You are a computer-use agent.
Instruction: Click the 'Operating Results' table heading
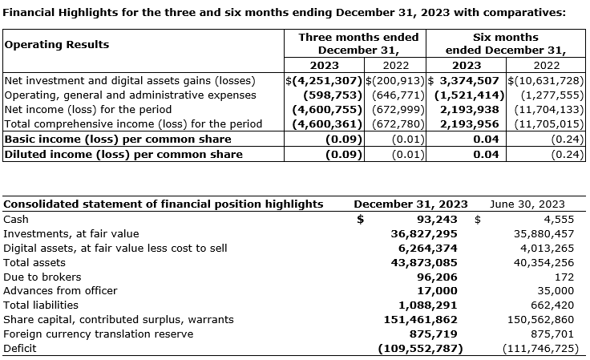[x=57, y=45]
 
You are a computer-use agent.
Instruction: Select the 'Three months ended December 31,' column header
[x=358, y=43]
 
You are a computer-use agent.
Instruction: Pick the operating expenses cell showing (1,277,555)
[x=549, y=95]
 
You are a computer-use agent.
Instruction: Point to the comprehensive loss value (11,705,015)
[x=548, y=123]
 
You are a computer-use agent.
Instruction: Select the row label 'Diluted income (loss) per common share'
[x=123, y=154]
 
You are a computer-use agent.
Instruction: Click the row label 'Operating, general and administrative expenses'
[x=130, y=95]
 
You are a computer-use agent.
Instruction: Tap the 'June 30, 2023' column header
[x=527, y=204]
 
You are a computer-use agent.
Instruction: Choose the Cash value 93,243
[x=437, y=218]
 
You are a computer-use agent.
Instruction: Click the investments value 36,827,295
[x=423, y=233]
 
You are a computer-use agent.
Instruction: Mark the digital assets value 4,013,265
[x=544, y=248]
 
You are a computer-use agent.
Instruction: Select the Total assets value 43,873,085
[x=423, y=262]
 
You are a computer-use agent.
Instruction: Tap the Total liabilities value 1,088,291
[x=427, y=305]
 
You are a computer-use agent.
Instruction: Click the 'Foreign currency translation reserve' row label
[x=98, y=334]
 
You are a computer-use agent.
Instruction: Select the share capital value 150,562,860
[x=538, y=320]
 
